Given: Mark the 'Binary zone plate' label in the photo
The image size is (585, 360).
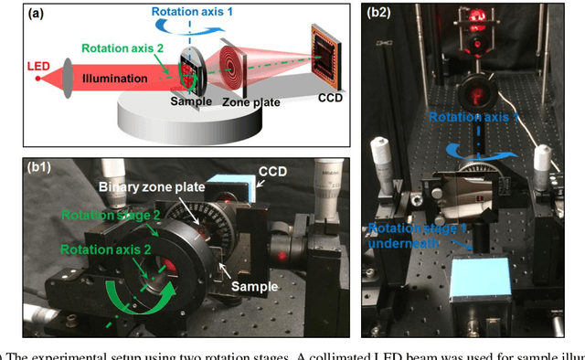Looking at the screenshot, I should (x=148, y=186).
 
